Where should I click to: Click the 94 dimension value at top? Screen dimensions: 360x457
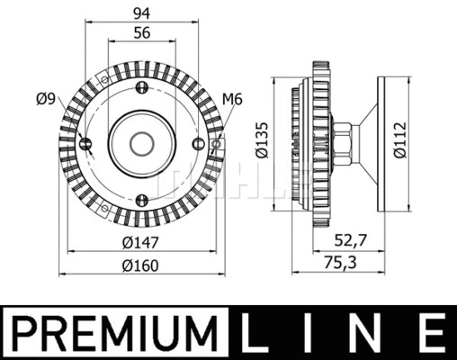click(x=141, y=13)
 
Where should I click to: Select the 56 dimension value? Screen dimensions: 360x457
click(x=141, y=32)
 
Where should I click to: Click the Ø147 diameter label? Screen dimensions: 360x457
click(x=140, y=241)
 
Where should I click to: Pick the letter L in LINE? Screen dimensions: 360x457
click(x=261, y=332)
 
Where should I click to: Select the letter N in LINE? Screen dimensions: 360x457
click(x=367, y=332)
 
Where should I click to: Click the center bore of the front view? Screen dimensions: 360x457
click(x=141, y=142)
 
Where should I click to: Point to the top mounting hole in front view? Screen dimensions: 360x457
click(x=141, y=87)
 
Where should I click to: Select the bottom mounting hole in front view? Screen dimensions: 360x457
click(x=141, y=198)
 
